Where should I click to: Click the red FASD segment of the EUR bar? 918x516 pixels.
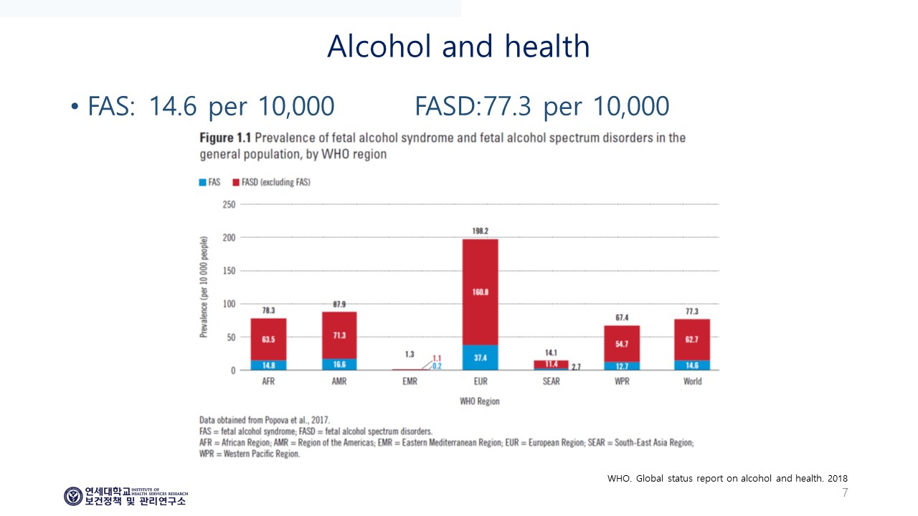tap(481, 292)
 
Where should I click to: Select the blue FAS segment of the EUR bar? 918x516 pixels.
tap(481, 358)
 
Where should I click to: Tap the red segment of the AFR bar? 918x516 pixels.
tap(268, 339)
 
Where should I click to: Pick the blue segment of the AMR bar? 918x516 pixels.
tap(339, 365)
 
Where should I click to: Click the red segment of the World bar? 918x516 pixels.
tap(692, 340)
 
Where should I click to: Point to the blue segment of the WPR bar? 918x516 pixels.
tap(622, 366)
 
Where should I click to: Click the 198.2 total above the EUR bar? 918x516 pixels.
tap(481, 231)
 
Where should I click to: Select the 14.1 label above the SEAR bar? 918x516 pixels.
tap(552, 353)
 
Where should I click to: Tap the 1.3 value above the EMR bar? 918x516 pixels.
tap(410, 354)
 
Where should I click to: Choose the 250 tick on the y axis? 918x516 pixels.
tap(229, 204)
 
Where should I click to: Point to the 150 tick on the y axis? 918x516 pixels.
tap(229, 271)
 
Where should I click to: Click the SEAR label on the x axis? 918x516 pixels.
tap(552, 381)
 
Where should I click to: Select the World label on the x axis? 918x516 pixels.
tap(693, 381)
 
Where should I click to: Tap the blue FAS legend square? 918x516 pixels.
tap(202, 182)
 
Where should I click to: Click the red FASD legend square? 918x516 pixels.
tap(236, 182)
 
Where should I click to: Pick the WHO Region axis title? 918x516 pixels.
tap(480, 401)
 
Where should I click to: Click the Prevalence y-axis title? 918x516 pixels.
tap(204, 287)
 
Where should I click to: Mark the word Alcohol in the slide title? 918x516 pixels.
tap(379, 47)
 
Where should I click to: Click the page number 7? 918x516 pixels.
tap(845, 492)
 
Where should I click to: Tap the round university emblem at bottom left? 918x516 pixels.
tap(73, 497)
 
